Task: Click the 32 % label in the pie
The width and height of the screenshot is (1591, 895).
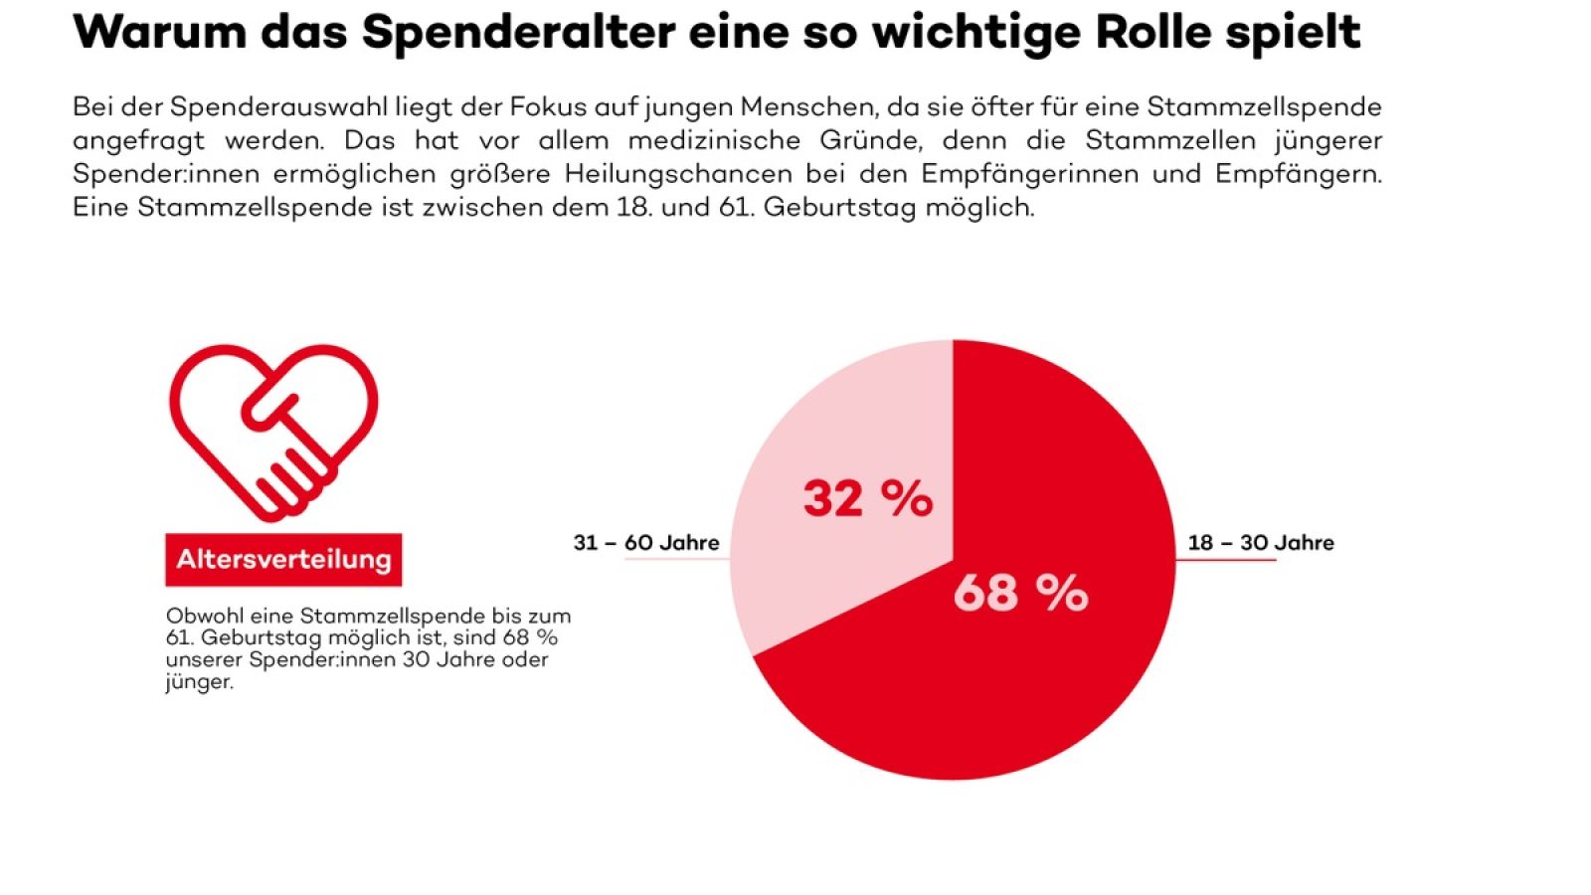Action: point(868,498)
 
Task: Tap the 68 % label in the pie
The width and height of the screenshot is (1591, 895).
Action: point(1020,593)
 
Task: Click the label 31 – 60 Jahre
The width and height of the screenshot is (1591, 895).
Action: point(646,543)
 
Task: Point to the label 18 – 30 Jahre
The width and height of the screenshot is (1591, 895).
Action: point(1261,543)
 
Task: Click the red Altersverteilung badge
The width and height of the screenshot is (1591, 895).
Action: point(283,559)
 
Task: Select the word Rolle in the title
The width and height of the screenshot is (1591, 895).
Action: point(1151,32)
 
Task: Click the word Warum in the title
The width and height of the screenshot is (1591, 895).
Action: point(159,32)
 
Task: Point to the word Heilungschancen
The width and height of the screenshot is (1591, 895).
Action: point(678,174)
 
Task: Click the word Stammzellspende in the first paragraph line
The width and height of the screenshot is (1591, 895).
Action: point(1264,106)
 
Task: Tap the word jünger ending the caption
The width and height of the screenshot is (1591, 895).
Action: point(198,683)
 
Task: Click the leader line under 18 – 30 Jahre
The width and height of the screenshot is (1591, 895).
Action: point(1225,560)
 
